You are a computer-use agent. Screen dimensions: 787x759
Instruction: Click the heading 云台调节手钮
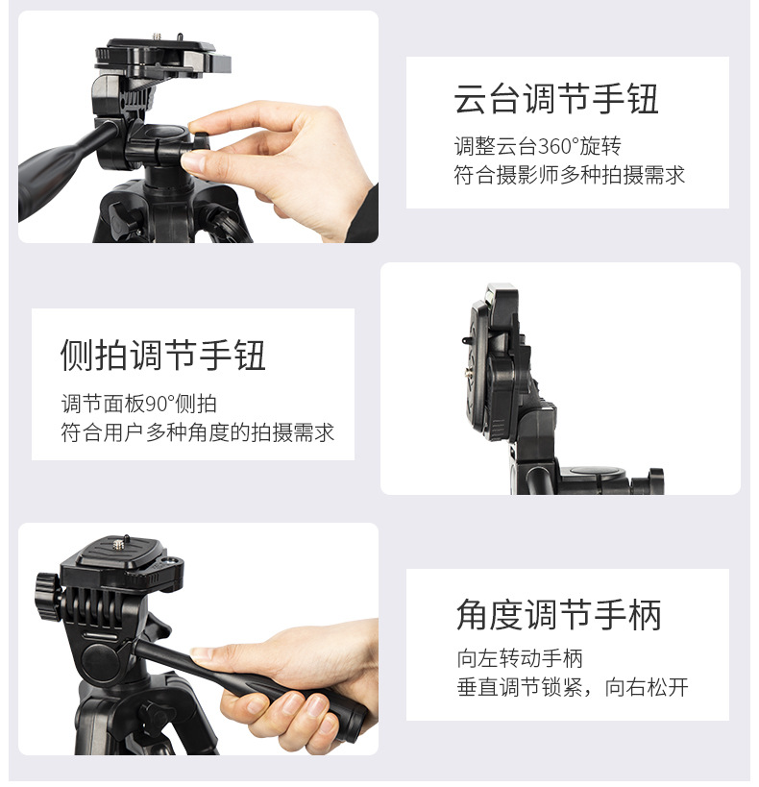tap(556, 99)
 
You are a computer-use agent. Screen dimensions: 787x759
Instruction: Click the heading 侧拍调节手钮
tap(162, 355)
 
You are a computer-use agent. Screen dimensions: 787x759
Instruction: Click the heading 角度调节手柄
tap(559, 614)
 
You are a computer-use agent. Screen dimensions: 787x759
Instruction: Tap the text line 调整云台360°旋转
tap(537, 146)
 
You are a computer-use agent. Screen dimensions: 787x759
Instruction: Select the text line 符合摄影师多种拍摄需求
tap(569, 175)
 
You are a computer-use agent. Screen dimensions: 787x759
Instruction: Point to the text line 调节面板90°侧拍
tap(138, 404)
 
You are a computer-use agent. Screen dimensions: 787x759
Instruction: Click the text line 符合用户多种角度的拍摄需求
tap(197, 432)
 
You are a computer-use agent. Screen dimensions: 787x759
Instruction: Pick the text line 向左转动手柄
tap(519, 659)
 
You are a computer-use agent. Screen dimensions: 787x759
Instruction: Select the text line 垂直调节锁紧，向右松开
tap(572, 688)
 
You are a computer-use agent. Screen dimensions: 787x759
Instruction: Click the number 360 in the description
tap(555, 146)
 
